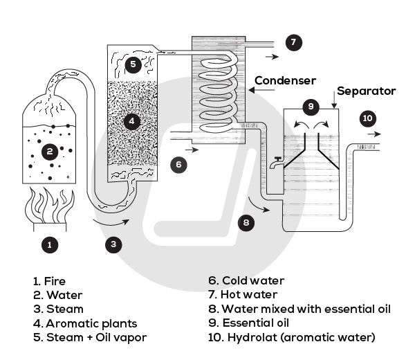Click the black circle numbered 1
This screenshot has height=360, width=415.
pos(48,244)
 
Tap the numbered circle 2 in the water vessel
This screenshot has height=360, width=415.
pos(48,150)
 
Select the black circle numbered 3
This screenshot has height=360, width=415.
pos(115,243)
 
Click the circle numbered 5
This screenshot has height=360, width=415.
pos(134,64)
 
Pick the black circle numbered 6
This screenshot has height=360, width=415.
pos(178,165)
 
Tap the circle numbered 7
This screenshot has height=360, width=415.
pos(293,43)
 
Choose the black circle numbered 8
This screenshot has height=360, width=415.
pos(247,222)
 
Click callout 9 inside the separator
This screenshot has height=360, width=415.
pos(311,107)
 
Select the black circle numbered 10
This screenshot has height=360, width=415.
pos(368,118)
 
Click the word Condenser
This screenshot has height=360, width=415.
pos(285,80)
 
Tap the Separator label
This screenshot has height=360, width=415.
pos(366,91)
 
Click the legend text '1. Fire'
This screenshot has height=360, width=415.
pos(49,281)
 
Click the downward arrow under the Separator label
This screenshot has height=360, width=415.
pos(334,103)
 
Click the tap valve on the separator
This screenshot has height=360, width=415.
pos(277,161)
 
